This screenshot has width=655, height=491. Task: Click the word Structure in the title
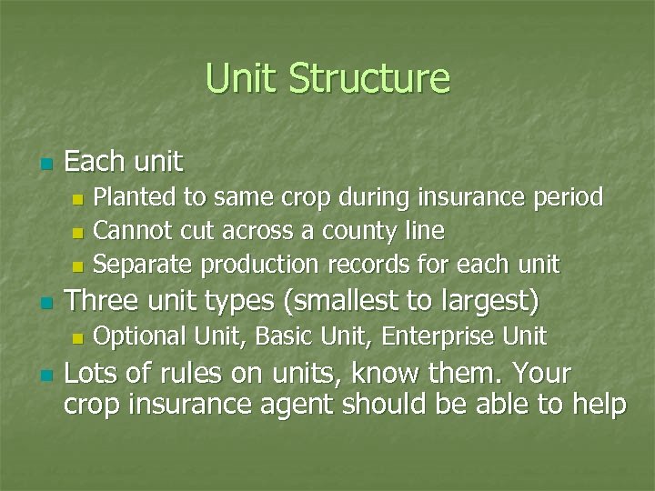369,78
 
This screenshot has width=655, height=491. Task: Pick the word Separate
144,266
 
